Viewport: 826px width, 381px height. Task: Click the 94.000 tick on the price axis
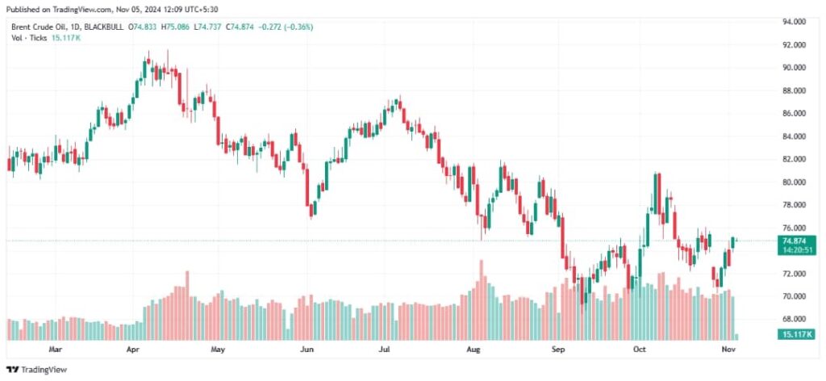(795, 22)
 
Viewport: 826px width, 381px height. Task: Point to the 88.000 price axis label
(795, 90)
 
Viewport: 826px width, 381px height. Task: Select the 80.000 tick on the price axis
(795, 182)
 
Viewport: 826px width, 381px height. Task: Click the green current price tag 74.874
(795, 241)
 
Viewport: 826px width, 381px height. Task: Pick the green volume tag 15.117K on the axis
(795, 334)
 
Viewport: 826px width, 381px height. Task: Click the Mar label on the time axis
(55, 350)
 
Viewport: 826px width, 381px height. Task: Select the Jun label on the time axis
(306, 350)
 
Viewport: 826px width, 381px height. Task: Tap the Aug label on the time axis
(473, 350)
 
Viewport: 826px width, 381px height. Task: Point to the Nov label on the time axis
(725, 350)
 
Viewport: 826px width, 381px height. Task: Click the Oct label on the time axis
(640, 350)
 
